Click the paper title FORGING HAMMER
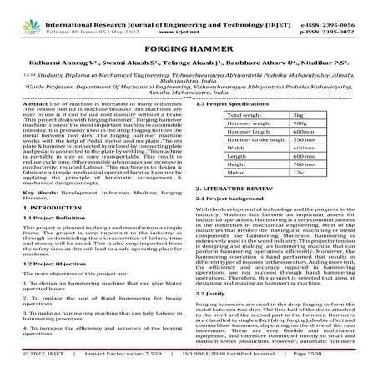point(189,48)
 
